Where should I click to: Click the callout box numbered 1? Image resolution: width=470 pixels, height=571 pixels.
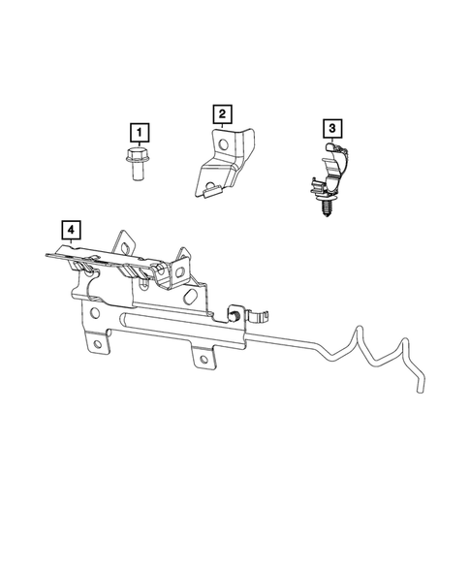pos(141,131)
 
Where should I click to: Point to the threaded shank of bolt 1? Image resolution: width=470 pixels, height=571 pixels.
pos(137,174)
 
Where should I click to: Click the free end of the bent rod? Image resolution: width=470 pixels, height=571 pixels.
pos(419,389)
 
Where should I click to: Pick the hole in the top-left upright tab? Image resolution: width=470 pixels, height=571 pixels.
pos(123,243)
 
